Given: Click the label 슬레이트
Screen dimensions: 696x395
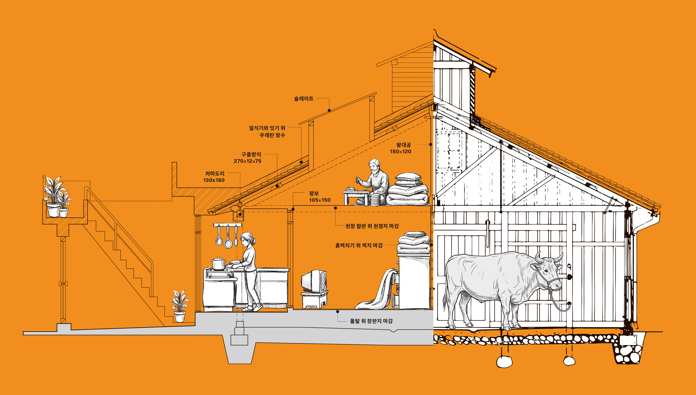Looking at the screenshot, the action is pos(304,98).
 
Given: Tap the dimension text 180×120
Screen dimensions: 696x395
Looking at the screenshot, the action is pos(400,151).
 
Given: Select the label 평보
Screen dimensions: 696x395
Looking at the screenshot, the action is pos(314,193).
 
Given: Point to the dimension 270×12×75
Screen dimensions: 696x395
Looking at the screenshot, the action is pos(248,161).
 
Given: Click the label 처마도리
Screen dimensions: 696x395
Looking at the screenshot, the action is pos(215,173).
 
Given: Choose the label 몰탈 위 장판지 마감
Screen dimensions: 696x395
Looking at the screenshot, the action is pos(371,321).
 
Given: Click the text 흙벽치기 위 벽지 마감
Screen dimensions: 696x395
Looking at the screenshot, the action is pos(359,245).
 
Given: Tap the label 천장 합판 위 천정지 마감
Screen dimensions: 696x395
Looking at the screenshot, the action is pos(372,226).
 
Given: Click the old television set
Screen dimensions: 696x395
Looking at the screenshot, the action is pos(314,281).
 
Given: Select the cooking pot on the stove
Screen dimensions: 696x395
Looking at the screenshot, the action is pos(218,264).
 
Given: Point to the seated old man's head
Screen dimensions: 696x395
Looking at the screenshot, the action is pos(374,166).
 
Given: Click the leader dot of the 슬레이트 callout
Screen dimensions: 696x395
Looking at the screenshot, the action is pos(329,110).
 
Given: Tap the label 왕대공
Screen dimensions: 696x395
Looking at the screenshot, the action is pos(404,145).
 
